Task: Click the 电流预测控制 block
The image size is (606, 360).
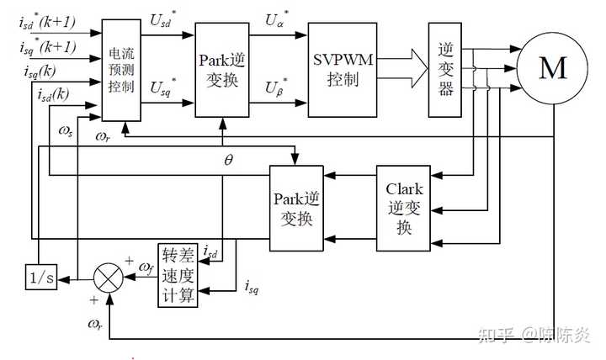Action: pos(121,71)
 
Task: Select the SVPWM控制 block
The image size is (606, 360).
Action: pos(343,70)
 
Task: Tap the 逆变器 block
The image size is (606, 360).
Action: pos(445,70)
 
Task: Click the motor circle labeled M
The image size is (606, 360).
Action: pos(552,68)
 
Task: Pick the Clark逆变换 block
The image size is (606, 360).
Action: pos(403,209)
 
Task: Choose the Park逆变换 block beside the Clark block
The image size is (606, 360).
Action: pos(296,209)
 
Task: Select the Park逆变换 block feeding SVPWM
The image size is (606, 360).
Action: pos(222,70)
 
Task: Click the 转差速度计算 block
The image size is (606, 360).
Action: pos(178,275)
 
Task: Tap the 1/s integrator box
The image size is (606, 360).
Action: pos(41,277)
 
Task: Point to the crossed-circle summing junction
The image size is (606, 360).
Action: pos(109,278)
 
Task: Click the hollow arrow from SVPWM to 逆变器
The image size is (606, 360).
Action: pos(402,68)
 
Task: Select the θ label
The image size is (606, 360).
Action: pos(228,160)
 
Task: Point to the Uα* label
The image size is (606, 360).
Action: pos(276,19)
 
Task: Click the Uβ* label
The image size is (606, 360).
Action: pos(276,87)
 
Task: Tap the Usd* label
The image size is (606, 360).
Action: pos(162,19)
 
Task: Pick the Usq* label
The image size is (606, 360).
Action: pos(162,87)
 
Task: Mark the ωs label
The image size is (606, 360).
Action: pos(66,131)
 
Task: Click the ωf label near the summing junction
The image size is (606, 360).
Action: pos(146,267)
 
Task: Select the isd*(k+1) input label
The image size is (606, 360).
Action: pos(47,22)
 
